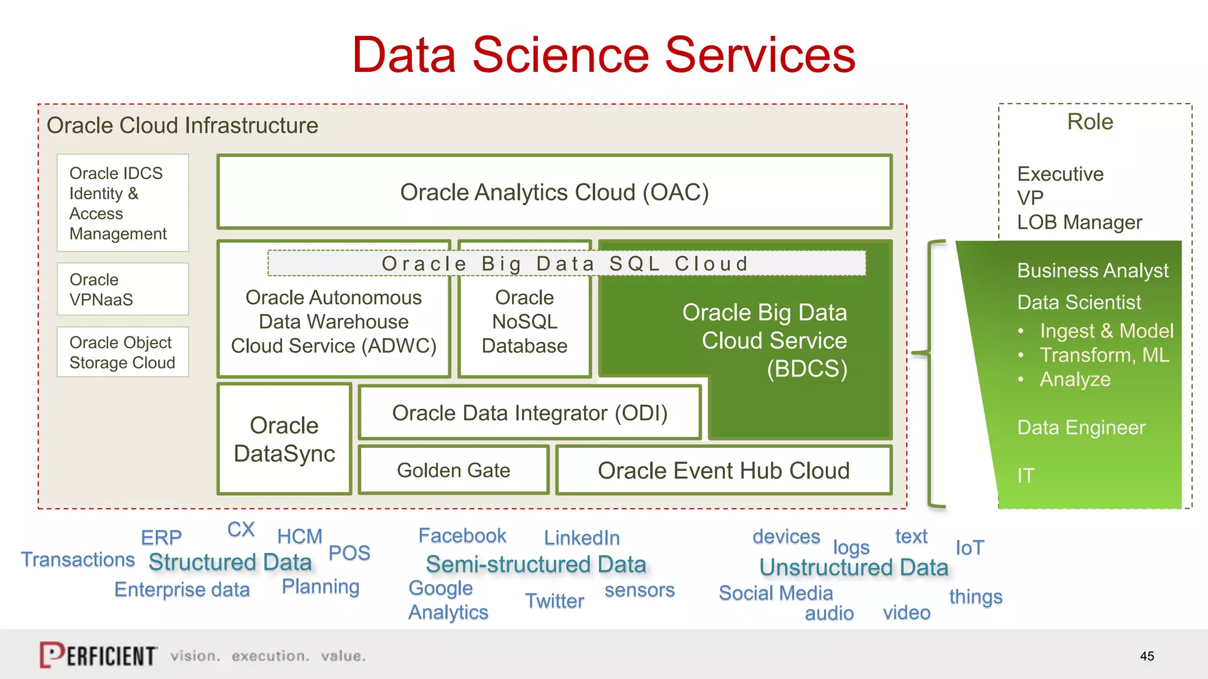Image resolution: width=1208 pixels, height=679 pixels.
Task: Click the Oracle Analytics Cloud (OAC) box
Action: tap(554, 192)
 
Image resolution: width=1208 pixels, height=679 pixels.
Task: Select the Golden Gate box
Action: tap(453, 470)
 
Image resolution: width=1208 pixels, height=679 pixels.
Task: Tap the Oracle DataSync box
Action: tap(284, 439)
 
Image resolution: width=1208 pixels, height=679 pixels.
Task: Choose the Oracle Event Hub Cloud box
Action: tap(723, 470)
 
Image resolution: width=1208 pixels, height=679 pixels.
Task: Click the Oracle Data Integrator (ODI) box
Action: tap(530, 413)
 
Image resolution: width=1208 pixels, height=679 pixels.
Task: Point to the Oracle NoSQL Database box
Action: tap(524, 322)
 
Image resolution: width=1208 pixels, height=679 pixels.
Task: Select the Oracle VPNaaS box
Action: tap(123, 289)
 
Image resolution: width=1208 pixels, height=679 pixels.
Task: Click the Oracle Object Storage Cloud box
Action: tap(123, 352)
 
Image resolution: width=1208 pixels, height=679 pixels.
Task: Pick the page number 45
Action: tap(1147, 656)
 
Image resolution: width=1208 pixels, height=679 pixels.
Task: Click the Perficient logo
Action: tap(99, 655)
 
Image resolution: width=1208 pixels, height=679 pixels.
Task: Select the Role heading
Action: tap(1090, 122)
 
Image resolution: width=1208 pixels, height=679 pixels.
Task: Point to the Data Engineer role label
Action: tap(1081, 427)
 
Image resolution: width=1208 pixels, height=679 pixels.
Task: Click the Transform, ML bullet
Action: tap(1104, 355)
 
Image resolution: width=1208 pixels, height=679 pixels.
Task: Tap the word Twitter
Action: tap(554, 601)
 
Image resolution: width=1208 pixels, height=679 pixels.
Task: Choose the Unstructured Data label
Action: tap(854, 567)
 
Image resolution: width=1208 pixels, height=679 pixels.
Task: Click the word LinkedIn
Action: tap(582, 538)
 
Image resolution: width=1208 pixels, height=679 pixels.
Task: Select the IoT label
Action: tap(969, 548)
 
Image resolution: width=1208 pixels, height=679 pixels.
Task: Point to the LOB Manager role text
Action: tap(1079, 222)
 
